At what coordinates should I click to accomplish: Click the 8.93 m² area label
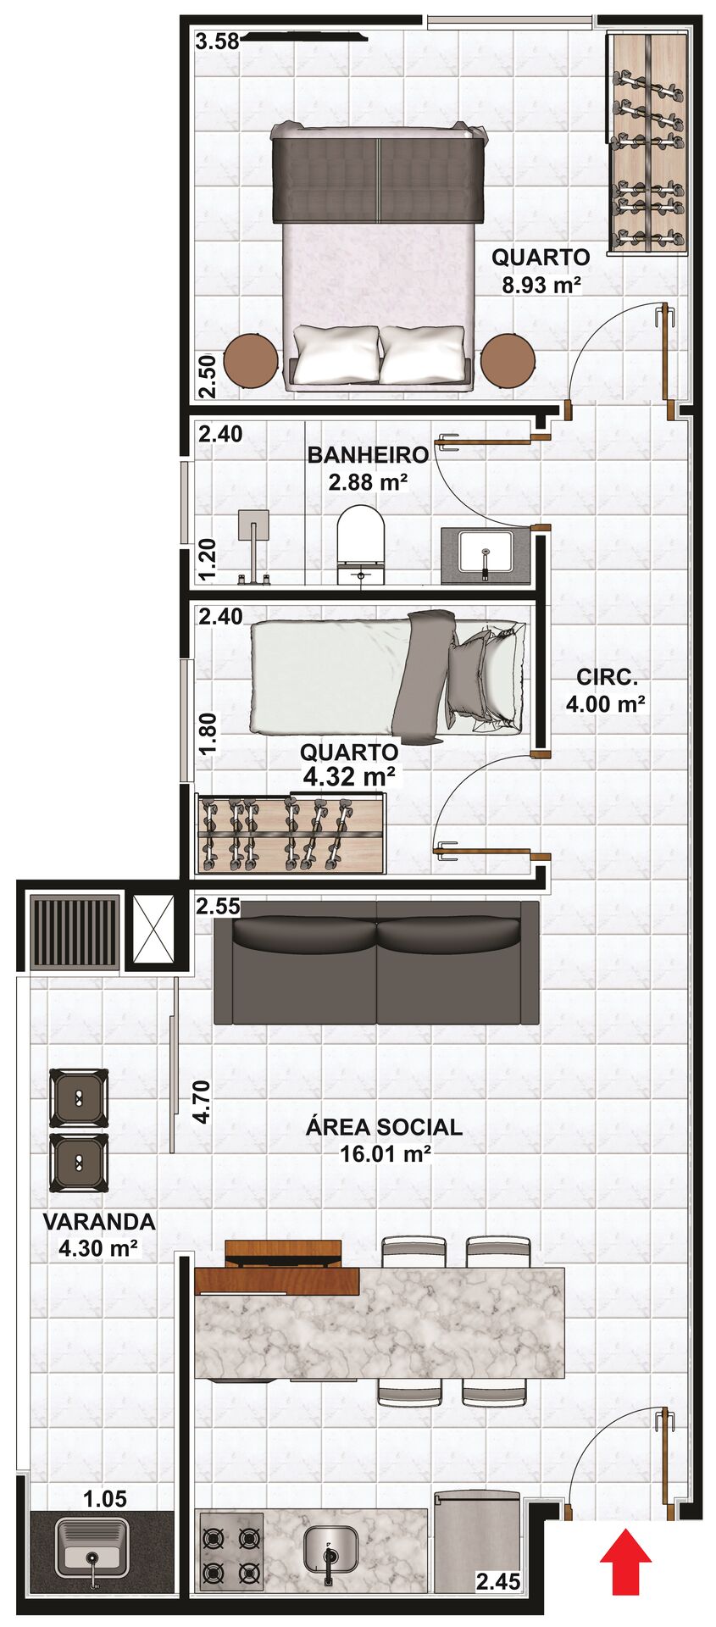(x=541, y=284)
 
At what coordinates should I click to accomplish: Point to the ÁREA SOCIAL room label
(x=384, y=1127)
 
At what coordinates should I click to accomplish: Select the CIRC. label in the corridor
(x=606, y=677)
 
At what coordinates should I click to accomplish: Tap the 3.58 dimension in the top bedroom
(x=217, y=41)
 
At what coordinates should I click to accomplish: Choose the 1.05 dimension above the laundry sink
(x=105, y=1499)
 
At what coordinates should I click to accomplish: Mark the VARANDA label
(x=99, y=1222)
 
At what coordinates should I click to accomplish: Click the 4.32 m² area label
(x=349, y=776)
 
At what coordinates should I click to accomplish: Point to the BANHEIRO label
(x=368, y=455)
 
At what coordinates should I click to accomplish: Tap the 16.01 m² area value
(x=386, y=1153)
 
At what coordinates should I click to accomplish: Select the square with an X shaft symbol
(x=153, y=930)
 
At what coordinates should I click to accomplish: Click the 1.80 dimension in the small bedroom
(x=208, y=734)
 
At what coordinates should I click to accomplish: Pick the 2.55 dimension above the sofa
(x=218, y=907)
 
